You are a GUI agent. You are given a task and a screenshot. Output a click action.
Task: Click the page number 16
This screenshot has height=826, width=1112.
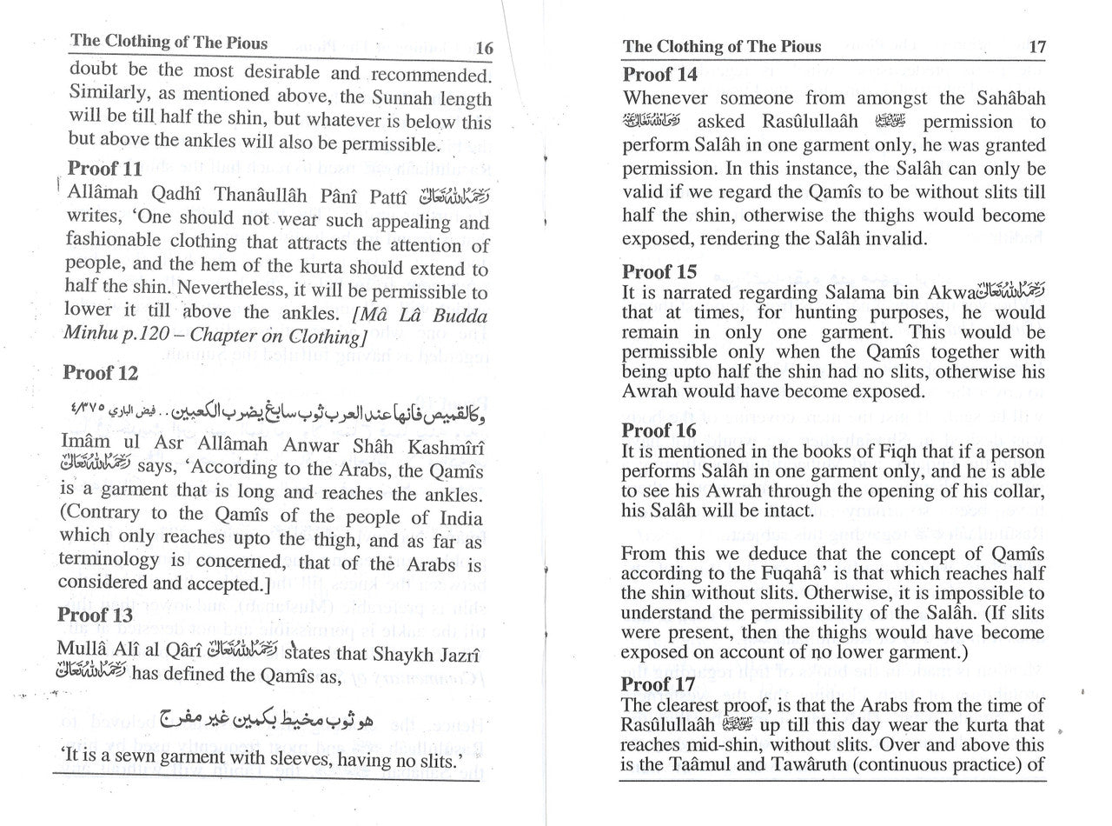coord(485,49)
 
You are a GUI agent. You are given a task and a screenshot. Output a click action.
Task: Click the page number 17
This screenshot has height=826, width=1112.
coord(1037,47)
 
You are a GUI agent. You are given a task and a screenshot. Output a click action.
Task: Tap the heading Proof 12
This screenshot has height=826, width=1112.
coord(101,373)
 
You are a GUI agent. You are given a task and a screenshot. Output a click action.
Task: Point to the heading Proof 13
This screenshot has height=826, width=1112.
coord(96,615)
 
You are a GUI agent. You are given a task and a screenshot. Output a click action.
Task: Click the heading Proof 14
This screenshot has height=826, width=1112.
coord(661,75)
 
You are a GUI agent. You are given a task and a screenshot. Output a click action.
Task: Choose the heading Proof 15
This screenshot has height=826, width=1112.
coord(659,271)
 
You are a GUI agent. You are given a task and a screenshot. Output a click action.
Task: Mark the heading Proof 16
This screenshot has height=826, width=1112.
coord(659,430)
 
